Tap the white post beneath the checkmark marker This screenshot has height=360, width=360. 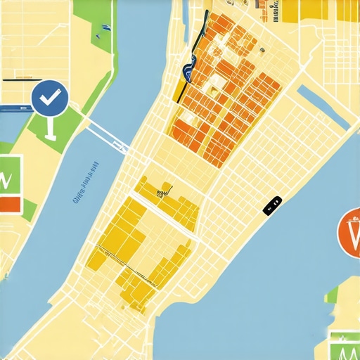49,127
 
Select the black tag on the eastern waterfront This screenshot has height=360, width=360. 272,205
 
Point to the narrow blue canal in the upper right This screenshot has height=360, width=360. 323,106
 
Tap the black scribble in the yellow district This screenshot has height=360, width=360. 163,190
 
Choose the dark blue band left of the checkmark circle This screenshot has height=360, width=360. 14,110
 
